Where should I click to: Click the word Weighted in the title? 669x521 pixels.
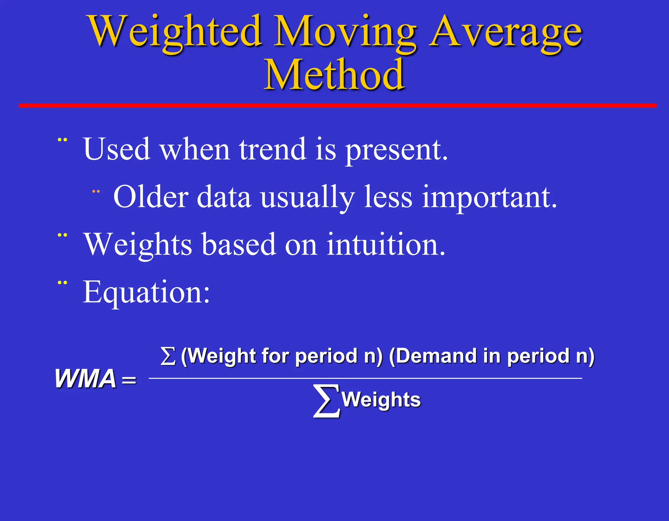(x=175, y=32)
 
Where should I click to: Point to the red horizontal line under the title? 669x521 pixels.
(x=336, y=105)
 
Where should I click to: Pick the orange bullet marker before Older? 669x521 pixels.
(x=96, y=191)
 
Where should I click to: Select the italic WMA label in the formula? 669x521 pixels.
(x=85, y=379)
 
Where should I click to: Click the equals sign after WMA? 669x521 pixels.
(x=129, y=380)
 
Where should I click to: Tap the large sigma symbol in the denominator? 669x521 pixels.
(x=326, y=401)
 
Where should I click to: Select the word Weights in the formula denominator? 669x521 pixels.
(x=381, y=400)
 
